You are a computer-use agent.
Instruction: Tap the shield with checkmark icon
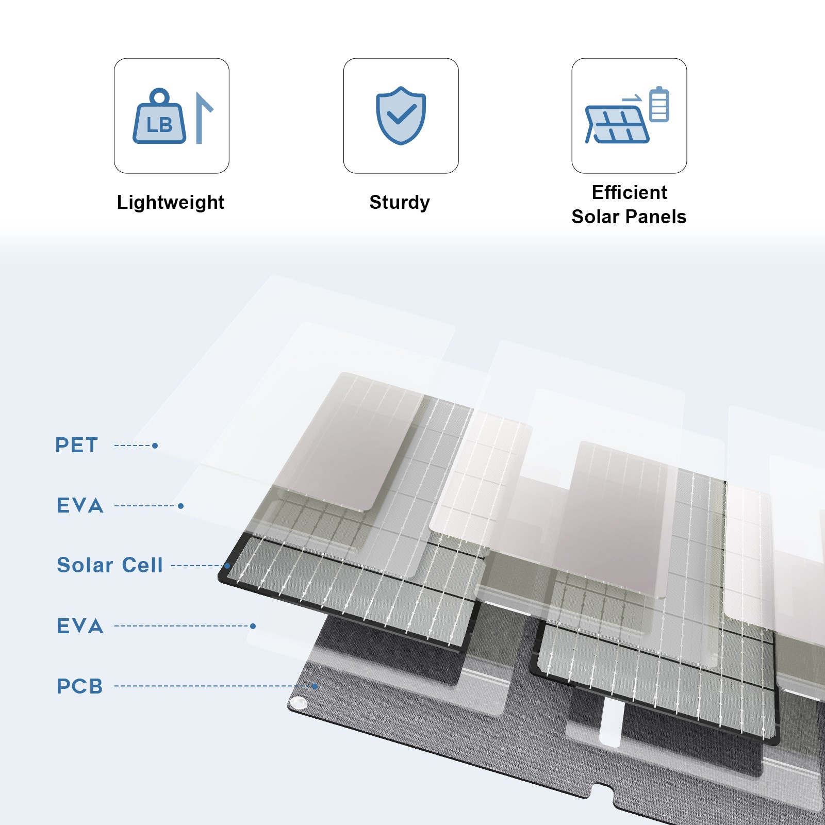pos(401,115)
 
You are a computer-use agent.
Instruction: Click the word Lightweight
pos(171,202)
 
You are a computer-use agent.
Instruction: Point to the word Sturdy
pos(400,202)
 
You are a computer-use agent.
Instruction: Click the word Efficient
pos(629,192)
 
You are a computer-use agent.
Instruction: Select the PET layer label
pos(76,445)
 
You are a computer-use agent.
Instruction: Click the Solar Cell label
pos(110,565)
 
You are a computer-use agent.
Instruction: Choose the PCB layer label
pos(80,686)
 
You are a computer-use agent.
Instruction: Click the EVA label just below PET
pos(80,506)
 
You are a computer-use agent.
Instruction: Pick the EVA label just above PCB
pos(80,626)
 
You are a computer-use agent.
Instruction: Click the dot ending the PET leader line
pos(155,445)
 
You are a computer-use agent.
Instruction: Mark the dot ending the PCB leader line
pos(315,686)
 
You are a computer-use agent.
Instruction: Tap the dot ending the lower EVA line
pos(253,626)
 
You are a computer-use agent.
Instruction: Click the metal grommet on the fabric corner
pos(299,702)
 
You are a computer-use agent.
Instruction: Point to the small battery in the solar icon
pos(659,104)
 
